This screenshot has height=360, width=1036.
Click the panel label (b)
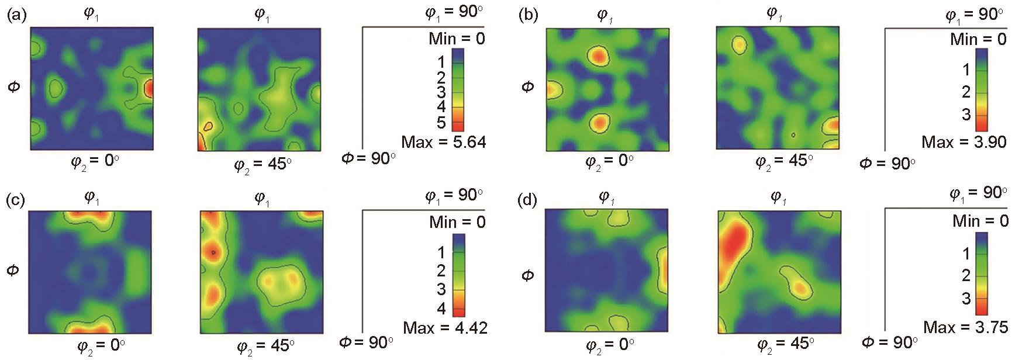[528, 16]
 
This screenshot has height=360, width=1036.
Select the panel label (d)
[528, 200]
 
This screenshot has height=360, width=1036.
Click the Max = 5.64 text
[444, 142]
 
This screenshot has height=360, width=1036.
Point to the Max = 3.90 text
[964, 142]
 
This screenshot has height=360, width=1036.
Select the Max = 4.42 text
[445, 327]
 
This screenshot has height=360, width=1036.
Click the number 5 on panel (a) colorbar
[441, 123]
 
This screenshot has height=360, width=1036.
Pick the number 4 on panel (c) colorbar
[441, 308]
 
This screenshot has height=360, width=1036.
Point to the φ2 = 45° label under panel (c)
[264, 347]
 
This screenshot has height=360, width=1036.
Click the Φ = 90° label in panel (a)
[368, 158]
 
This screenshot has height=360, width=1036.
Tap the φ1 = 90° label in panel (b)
[975, 14]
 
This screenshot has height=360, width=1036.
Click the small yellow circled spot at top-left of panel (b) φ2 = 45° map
[740, 44]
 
